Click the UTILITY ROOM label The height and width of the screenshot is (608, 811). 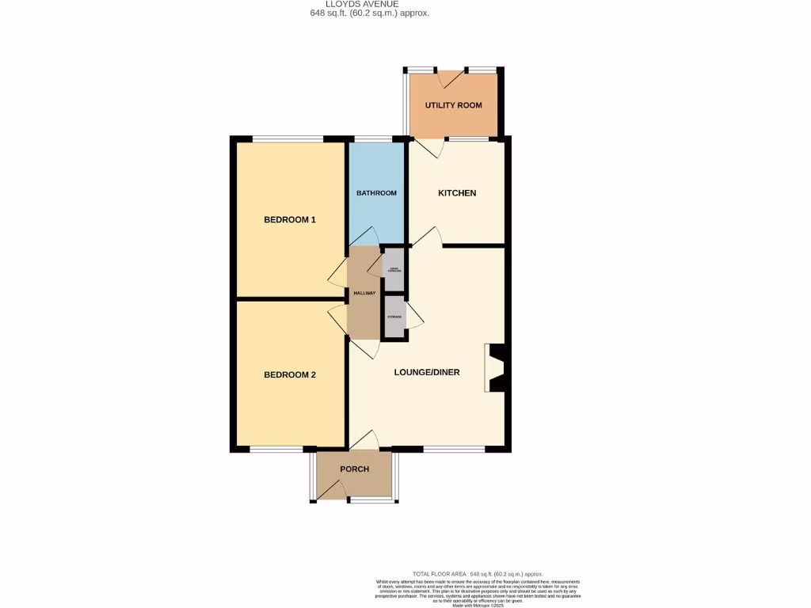click(453, 105)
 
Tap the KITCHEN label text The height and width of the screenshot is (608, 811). click(457, 193)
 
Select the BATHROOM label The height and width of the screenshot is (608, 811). click(376, 193)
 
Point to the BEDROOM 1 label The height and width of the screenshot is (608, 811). click(290, 219)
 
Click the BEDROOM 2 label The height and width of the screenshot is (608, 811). click(290, 374)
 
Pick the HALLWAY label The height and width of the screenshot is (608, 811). click(364, 293)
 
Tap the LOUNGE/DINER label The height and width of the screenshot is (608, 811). click(427, 372)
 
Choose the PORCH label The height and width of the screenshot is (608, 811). click(354, 469)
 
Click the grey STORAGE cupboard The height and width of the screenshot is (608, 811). click(394, 317)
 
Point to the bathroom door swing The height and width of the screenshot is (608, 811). click(364, 236)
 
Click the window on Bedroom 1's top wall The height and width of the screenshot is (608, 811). click(287, 140)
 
